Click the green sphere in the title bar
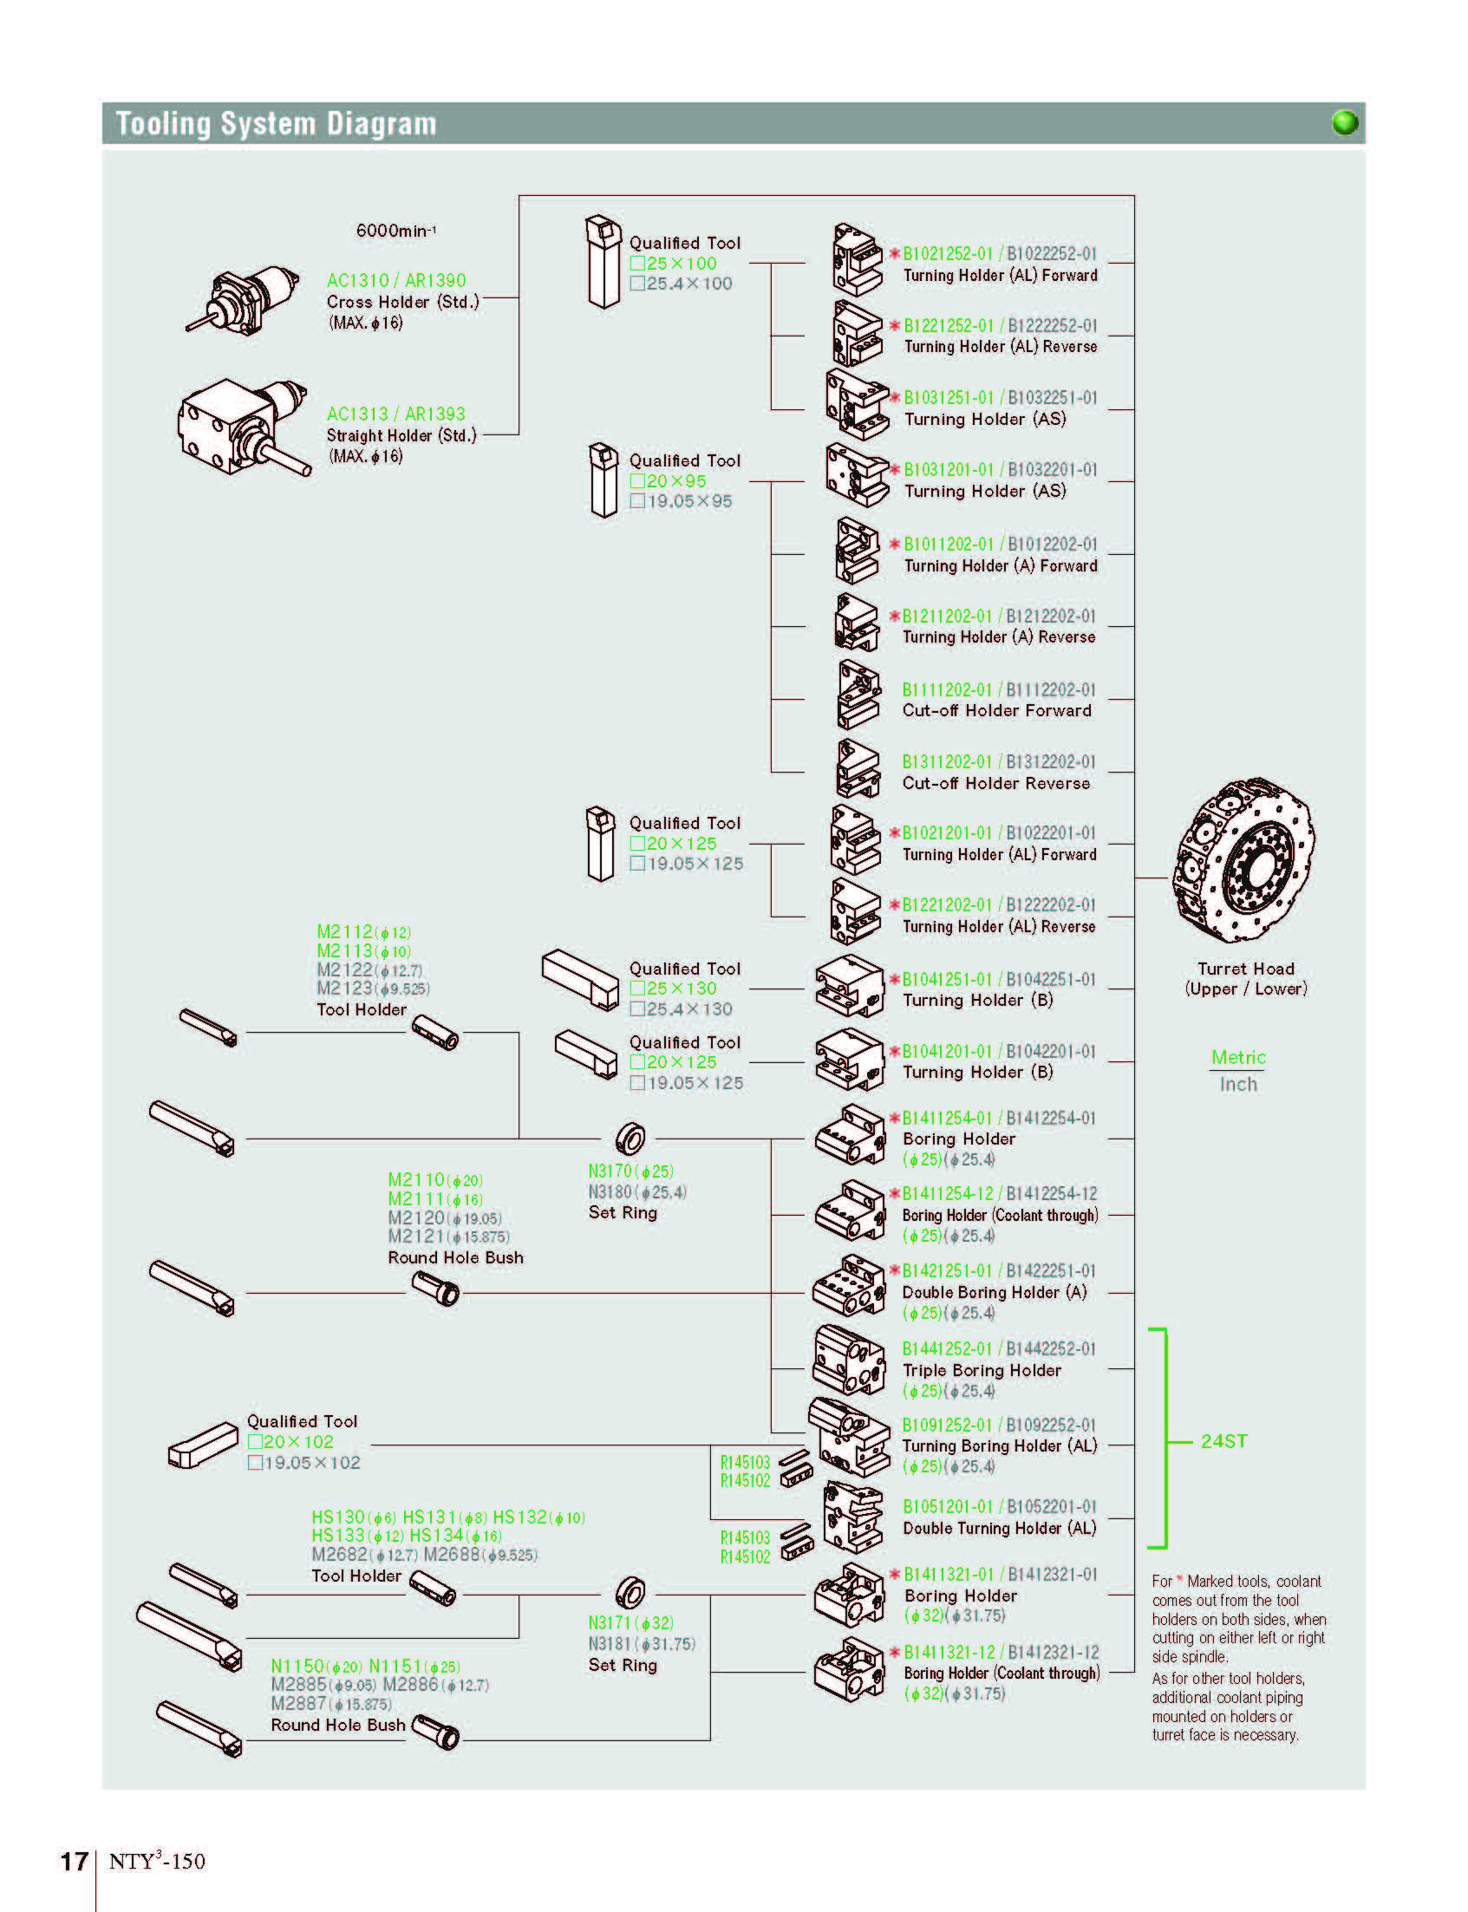(x=1345, y=123)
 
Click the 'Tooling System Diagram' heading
(x=276, y=123)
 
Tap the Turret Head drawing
(x=1243, y=862)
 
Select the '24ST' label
(x=1223, y=1441)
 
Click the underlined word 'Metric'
(x=1238, y=1057)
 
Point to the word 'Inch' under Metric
(x=1238, y=1085)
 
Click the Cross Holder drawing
(x=242, y=301)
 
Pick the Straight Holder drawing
(x=244, y=427)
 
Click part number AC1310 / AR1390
(x=397, y=280)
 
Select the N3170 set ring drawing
(x=630, y=1139)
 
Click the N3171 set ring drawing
(x=630, y=1592)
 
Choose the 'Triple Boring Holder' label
(x=982, y=1370)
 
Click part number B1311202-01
(x=947, y=762)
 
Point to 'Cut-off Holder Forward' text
(x=997, y=710)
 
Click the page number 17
(x=74, y=1861)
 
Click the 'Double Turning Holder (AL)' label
(x=1000, y=1528)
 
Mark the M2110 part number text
(x=417, y=1179)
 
